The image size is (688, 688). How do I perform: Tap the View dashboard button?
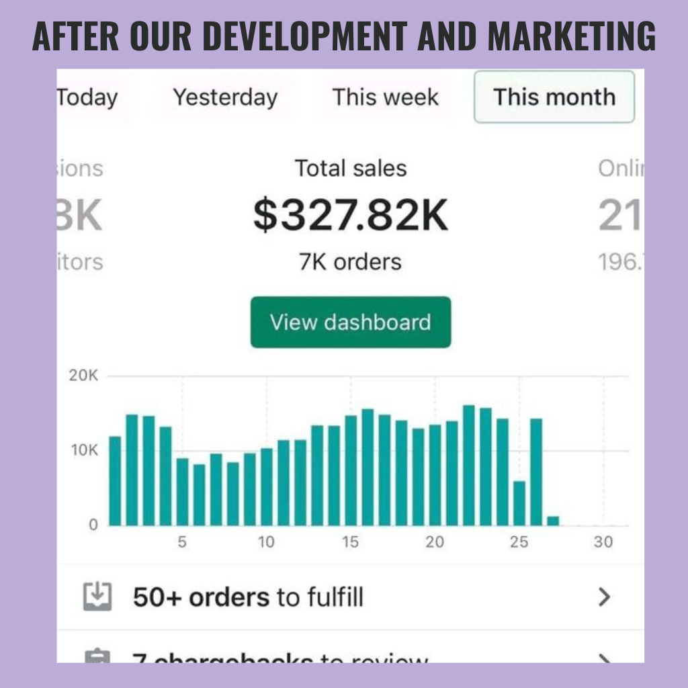(x=350, y=322)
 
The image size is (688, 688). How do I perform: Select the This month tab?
(x=554, y=97)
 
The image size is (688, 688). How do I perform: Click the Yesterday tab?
(x=225, y=97)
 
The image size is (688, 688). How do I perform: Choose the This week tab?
(x=385, y=97)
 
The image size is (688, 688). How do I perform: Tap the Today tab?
(x=87, y=97)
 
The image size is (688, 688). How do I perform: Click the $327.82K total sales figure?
(x=350, y=216)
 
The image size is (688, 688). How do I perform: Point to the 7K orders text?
(x=350, y=261)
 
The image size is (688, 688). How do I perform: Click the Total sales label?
(x=350, y=168)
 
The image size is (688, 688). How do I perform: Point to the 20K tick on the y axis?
(x=83, y=376)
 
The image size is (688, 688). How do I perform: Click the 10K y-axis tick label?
(x=83, y=450)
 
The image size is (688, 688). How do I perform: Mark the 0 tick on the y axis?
(x=93, y=525)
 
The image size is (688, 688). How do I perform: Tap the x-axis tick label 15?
(x=351, y=542)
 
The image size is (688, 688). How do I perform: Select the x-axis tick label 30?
(x=603, y=542)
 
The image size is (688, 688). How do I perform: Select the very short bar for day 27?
(x=553, y=521)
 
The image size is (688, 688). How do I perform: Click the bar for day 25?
(x=519, y=503)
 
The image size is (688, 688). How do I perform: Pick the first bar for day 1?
(x=115, y=481)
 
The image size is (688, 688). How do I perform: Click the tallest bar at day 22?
(x=469, y=465)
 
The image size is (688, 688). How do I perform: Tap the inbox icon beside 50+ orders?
(x=97, y=597)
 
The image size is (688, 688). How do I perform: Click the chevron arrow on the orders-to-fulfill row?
(x=605, y=597)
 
